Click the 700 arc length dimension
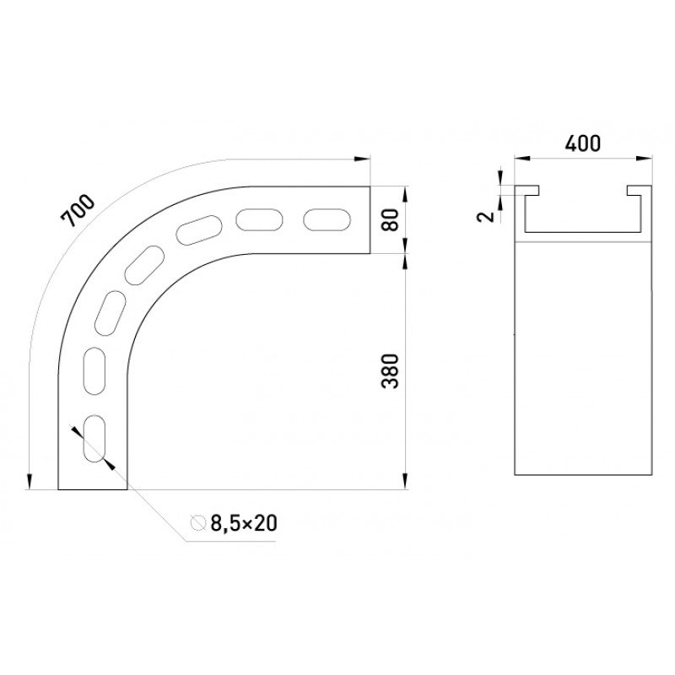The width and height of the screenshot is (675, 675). click(x=78, y=211)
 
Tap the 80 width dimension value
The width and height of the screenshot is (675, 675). click(x=391, y=219)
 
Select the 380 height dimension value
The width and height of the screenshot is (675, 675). click(x=391, y=371)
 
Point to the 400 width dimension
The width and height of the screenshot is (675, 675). click(x=582, y=143)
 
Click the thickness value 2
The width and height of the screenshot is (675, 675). click(x=487, y=216)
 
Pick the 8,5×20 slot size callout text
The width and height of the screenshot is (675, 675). click(x=244, y=523)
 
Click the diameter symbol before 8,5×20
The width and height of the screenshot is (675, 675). click(x=198, y=522)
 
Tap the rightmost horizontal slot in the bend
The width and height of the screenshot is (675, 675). click(x=327, y=219)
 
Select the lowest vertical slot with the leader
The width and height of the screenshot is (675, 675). click(x=94, y=438)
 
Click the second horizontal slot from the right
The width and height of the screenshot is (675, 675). click(x=259, y=219)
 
